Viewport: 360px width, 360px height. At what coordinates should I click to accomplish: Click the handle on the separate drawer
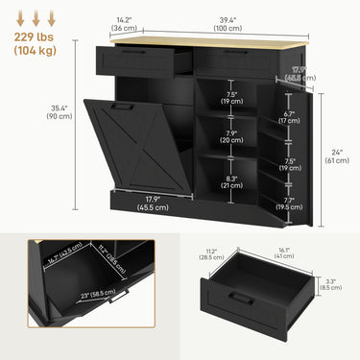[243, 300]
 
